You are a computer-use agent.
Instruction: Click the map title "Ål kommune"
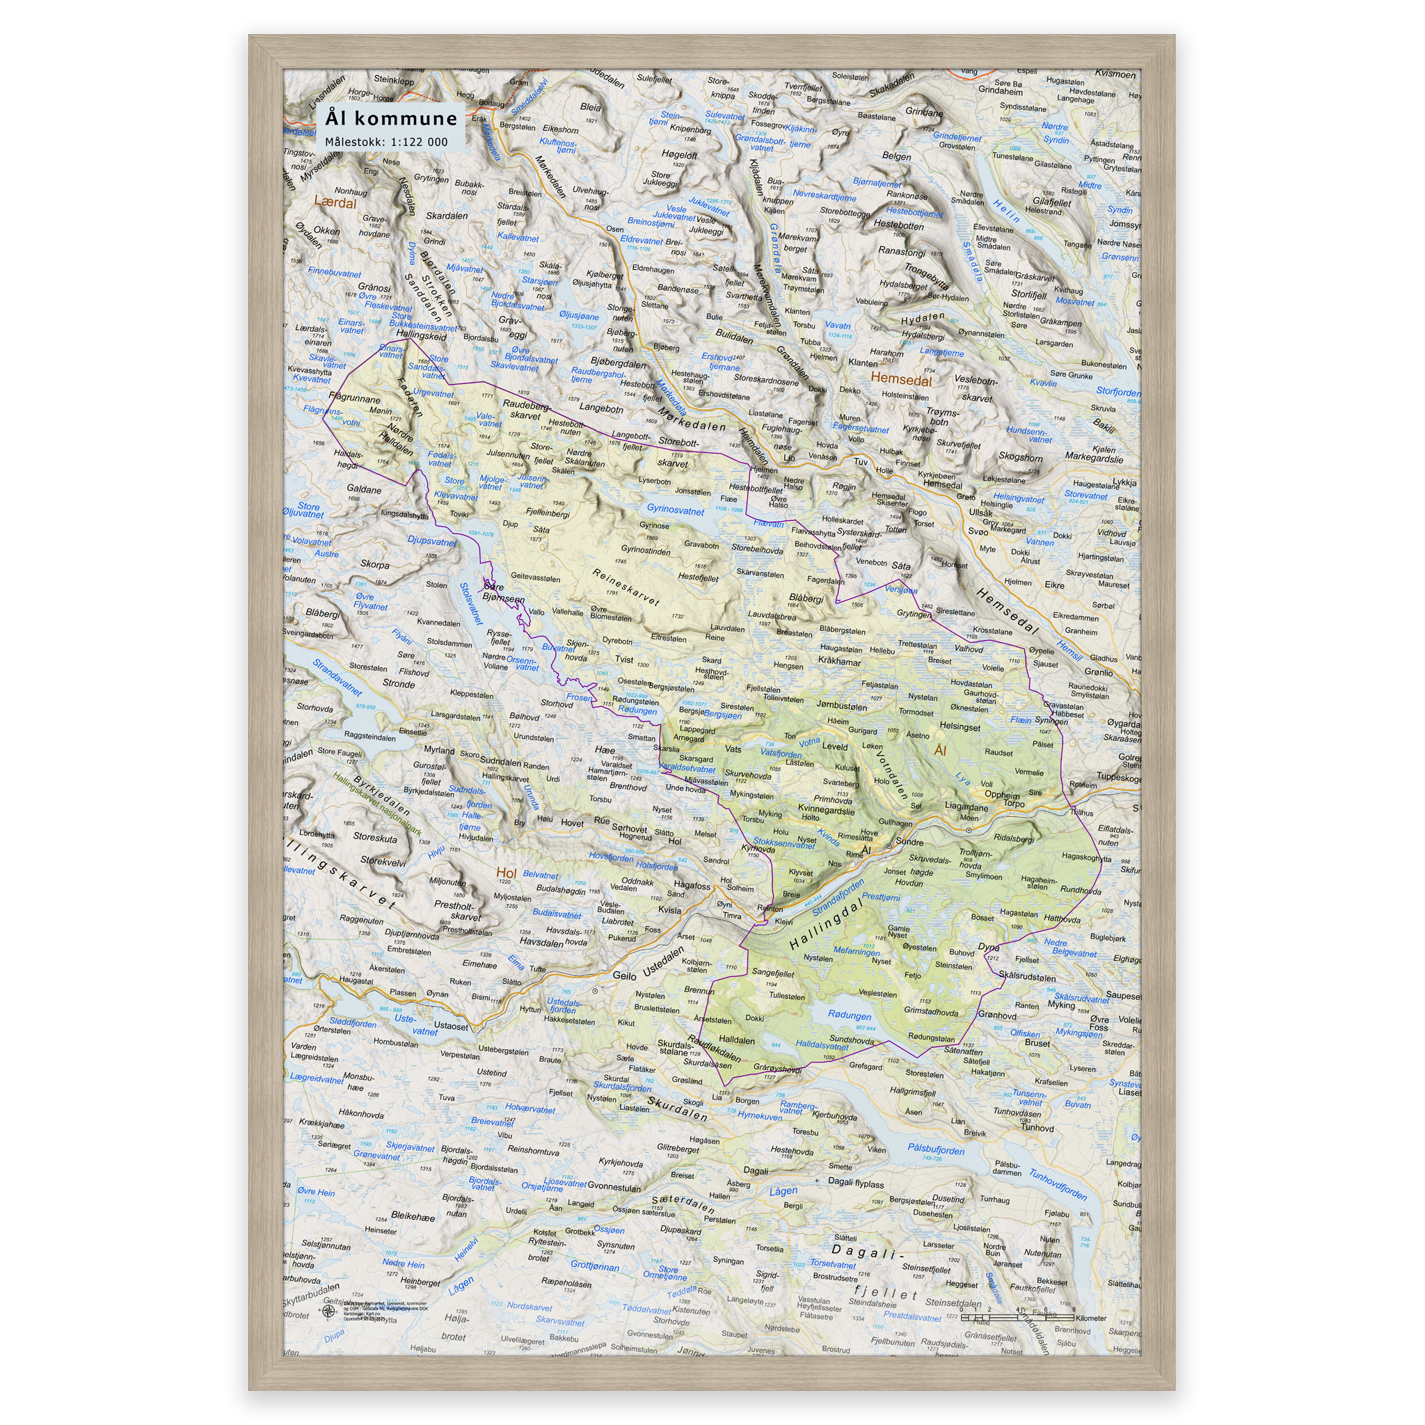[x=391, y=118]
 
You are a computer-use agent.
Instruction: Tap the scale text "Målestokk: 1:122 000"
[x=386, y=142]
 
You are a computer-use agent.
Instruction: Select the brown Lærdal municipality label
[x=335, y=202]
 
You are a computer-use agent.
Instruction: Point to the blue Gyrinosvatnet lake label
[x=675, y=509]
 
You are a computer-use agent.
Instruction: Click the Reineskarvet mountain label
[x=626, y=587]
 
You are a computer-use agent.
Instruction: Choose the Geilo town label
[x=624, y=975]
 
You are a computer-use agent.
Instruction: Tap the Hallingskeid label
[x=421, y=335]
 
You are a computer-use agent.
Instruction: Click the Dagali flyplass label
[x=856, y=1183]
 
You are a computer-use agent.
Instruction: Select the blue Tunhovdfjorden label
[x=1058, y=1184]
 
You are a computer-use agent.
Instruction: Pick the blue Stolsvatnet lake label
[x=470, y=603]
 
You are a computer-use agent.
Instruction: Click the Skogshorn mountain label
[x=1020, y=456]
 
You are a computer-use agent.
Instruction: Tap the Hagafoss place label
[x=692, y=885]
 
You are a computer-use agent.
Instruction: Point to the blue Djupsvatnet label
[x=432, y=540]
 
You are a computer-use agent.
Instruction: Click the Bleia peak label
[x=591, y=107]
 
